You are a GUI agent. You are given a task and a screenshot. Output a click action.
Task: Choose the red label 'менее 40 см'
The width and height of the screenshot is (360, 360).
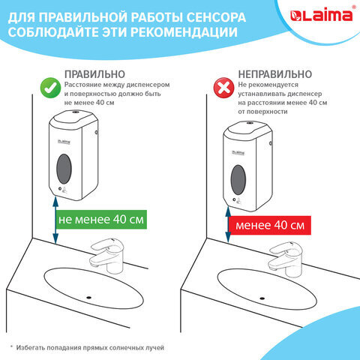tap(269, 225)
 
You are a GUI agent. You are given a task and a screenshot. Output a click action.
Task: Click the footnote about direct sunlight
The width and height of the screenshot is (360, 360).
tap(88, 347)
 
